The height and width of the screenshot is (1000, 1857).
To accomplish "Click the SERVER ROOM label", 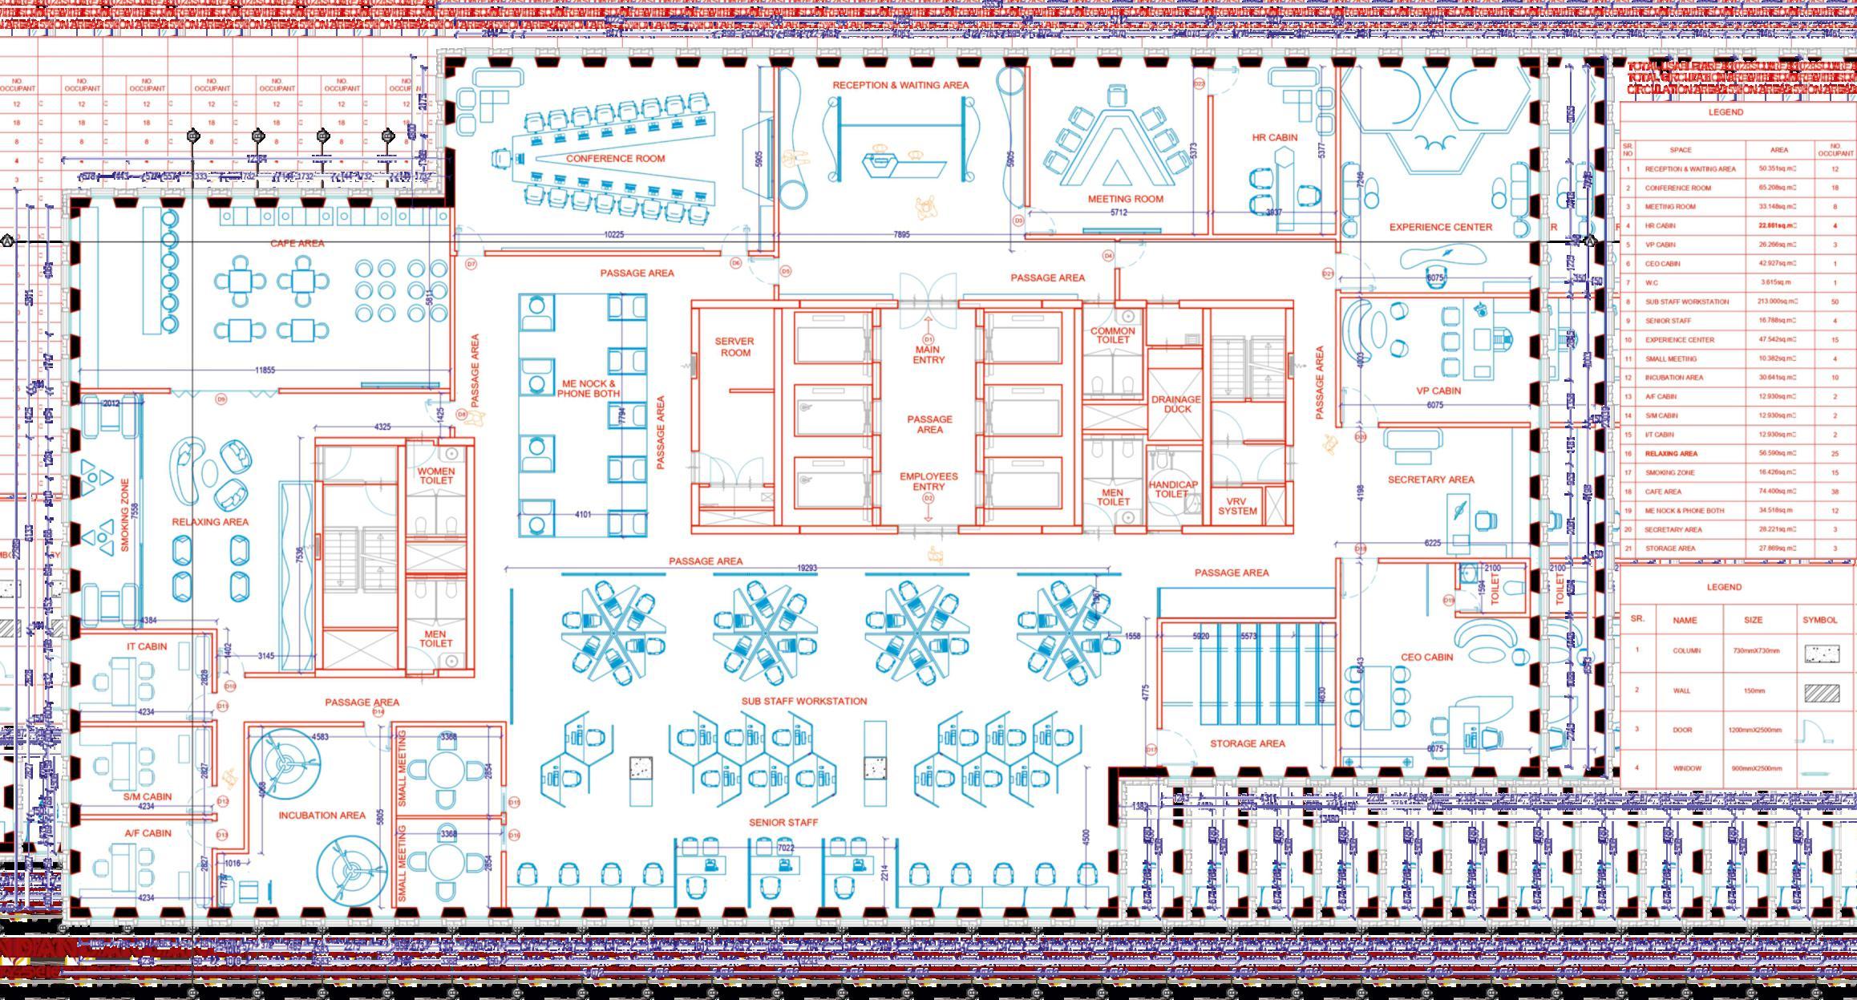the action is point(735,347).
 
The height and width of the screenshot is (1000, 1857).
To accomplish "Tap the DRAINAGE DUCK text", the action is point(1175,404).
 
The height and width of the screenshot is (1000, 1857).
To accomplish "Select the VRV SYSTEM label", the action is point(1237,507).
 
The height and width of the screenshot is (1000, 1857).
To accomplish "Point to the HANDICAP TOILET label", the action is point(1172,489).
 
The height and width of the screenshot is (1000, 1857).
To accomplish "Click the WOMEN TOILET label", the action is point(436,476).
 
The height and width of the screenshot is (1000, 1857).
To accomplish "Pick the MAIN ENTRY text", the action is point(928,354).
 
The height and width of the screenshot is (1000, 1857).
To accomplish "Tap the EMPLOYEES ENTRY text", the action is point(928,481).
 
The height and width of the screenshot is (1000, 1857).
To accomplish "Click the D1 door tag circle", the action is point(928,340).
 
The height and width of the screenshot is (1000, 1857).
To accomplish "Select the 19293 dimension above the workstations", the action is point(807,568).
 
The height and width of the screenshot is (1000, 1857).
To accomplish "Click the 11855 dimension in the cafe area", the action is point(265,370).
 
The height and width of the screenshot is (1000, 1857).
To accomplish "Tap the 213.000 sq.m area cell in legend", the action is point(1780,302).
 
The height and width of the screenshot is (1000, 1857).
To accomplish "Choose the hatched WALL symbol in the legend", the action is point(1821,692).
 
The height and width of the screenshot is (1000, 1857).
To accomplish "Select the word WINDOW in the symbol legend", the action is point(1686,768).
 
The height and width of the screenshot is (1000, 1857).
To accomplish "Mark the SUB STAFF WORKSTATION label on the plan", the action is point(803,701).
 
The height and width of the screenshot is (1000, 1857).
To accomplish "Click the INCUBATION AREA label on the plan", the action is point(322,816).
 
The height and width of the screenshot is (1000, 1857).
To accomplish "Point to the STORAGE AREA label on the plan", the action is point(1247,743).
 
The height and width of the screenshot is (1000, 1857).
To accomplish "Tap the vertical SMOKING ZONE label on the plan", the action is point(125,515).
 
